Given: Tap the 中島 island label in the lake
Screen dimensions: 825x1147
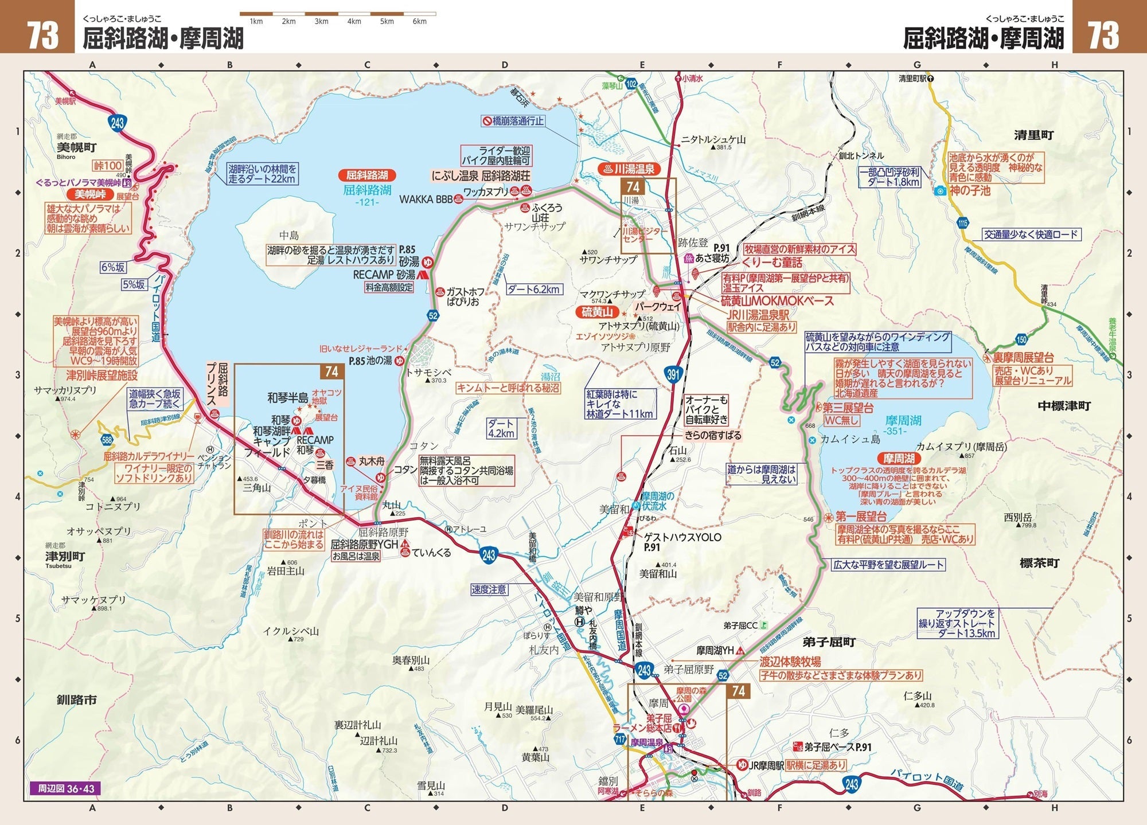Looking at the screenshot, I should coord(289,236).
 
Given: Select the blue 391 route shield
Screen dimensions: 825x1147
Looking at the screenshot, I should coord(673,375).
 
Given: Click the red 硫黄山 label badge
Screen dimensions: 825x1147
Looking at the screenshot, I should coord(597,312).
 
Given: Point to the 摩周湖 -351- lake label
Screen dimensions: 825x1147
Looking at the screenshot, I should coord(903,425).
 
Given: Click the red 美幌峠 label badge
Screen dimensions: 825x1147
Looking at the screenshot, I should coord(90,194).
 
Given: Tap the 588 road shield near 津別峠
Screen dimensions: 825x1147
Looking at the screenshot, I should coord(107,440).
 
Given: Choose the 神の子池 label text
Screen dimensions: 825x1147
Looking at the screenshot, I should coord(970,190).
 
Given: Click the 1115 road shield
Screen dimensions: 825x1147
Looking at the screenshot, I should coord(963,223).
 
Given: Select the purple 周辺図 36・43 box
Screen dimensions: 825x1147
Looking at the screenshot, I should coord(62,789).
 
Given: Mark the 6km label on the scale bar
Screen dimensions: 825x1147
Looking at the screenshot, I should coord(419,22).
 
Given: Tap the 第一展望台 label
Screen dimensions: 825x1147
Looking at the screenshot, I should coord(861,516).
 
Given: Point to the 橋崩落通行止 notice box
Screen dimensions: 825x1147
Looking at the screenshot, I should coord(513,121).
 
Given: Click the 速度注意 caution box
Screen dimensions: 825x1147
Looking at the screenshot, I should coord(489,589).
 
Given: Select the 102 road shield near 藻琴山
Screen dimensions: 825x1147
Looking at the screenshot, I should coord(631,84).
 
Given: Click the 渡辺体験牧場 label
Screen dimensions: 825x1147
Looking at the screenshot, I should coord(790,662).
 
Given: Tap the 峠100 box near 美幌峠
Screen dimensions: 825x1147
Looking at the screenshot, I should coord(108,166).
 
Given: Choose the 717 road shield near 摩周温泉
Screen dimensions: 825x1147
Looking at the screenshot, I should coord(620,740).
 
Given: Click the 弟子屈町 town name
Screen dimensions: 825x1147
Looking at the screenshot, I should coord(829,642).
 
